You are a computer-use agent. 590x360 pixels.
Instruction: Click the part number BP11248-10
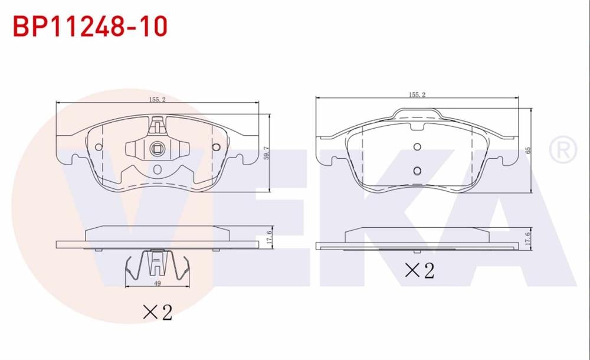90,26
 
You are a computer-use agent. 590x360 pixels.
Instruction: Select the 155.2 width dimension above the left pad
156,100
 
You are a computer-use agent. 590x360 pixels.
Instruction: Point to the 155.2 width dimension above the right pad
417,94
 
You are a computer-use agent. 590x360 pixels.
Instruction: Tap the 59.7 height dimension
267,153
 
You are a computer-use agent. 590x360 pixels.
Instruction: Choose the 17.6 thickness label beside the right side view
529,238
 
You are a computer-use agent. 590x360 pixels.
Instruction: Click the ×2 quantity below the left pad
158,312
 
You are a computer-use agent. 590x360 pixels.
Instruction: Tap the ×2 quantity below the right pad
419,270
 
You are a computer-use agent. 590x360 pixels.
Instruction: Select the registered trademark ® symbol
562,150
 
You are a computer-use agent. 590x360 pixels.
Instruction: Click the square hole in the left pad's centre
157,148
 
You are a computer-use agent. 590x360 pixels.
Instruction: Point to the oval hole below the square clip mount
157,170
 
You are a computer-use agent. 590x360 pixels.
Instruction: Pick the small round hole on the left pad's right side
215,147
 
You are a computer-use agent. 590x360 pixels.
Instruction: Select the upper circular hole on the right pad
417,147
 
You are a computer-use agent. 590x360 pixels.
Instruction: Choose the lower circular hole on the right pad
417,171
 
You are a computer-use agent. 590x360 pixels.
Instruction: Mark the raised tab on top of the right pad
417,113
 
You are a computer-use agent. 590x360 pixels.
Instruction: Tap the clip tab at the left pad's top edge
157,125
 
